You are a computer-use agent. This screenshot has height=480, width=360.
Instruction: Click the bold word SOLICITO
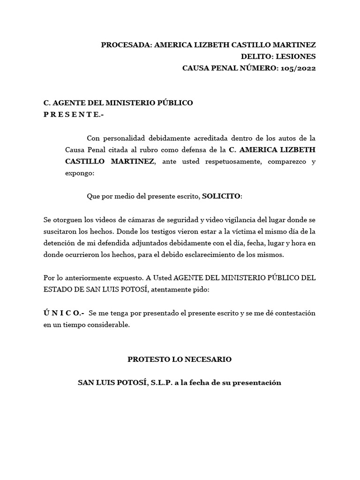(221, 196)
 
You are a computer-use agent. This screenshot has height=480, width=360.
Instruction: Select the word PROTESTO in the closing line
(148, 360)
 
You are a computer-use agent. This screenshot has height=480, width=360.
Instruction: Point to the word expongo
(79, 173)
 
